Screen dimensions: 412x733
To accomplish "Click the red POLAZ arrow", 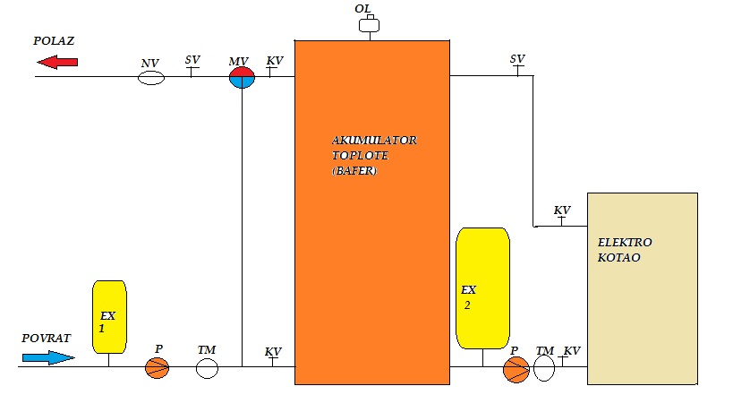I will tap(58, 62).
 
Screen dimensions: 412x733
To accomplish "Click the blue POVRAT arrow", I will tap(48, 357).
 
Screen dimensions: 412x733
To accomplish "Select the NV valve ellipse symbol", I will tap(152, 78).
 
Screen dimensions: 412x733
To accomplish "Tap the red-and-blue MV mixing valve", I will tap(242, 77).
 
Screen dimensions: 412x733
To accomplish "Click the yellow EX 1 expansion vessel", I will tap(110, 316).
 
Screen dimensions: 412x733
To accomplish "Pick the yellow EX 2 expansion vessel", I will tap(482, 288).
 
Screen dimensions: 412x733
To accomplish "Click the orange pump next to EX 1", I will tap(158, 367).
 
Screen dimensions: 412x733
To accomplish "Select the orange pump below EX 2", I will tap(516, 369).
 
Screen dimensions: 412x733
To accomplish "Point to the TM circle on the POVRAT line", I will tap(208, 367).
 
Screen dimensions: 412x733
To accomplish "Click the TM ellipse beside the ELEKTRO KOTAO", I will tap(544, 369).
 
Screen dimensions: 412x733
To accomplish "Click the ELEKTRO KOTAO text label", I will tap(626, 250).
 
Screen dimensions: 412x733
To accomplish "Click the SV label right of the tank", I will tap(517, 59).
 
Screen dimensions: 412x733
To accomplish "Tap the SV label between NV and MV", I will tap(192, 60).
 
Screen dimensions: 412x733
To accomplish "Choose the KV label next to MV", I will tap(275, 61).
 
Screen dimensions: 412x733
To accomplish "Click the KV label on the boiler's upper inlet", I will tap(562, 210).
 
